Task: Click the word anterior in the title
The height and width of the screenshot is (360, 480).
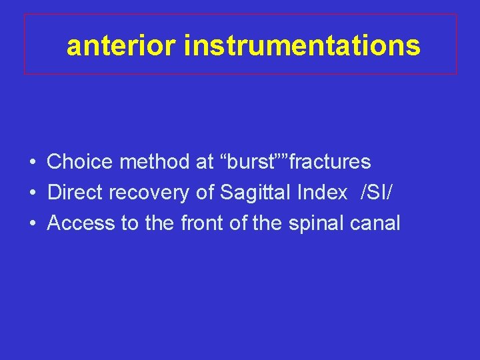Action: pos(122,46)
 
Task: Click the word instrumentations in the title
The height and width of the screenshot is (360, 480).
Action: pos(302,46)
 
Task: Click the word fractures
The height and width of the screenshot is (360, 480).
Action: pos(330,161)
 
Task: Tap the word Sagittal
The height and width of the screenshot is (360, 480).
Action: pos(256,193)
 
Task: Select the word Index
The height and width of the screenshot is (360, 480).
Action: pos(323,192)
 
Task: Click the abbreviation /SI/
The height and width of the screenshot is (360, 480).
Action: pos(377,192)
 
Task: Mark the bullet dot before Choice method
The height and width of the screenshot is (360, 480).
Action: pos(32,162)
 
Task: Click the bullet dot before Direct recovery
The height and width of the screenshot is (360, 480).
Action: pos(32,193)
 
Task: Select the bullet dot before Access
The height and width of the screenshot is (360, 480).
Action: pos(32,223)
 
